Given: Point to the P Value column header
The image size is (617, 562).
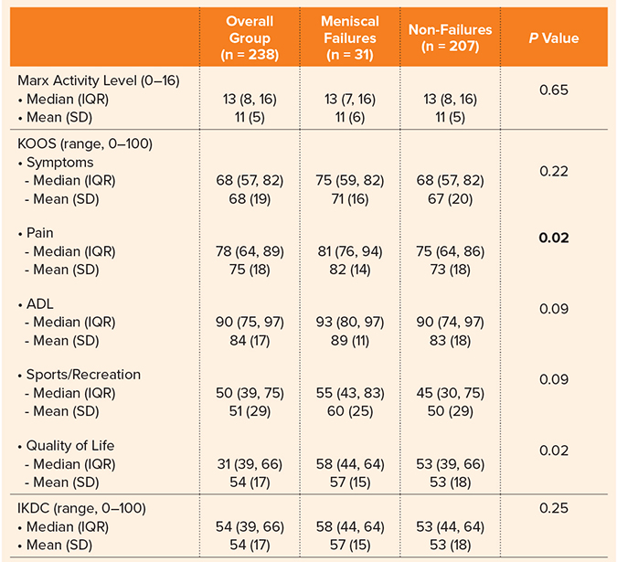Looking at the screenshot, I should click(x=554, y=38).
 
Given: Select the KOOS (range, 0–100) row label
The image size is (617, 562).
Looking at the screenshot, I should click(x=85, y=143).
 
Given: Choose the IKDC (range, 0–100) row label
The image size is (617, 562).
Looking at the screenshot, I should click(x=85, y=508).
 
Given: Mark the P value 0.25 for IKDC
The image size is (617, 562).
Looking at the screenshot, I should click(x=554, y=508).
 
